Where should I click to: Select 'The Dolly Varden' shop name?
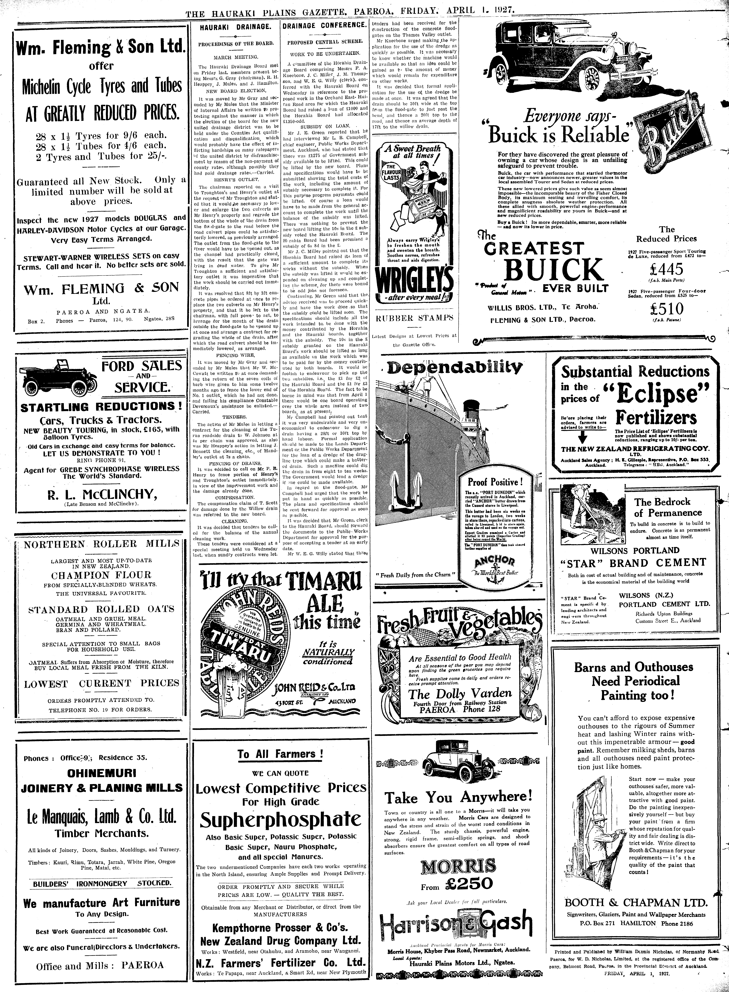[460, 693]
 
